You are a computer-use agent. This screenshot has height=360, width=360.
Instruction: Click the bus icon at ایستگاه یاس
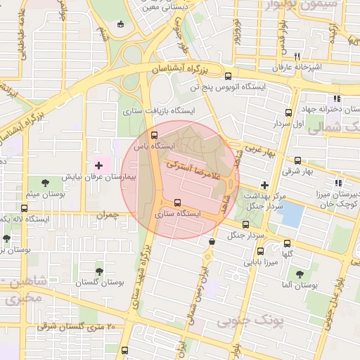click(x=155, y=134)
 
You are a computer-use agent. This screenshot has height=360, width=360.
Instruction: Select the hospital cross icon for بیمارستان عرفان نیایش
click(x=98, y=166)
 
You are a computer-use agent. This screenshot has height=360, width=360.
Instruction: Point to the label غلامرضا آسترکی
click(x=194, y=169)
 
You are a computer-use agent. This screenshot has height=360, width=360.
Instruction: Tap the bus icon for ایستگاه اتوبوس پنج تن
click(x=227, y=77)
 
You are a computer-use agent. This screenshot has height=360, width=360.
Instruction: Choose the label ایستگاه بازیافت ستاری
click(x=158, y=110)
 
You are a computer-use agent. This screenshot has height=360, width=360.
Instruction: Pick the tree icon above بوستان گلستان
click(x=98, y=269)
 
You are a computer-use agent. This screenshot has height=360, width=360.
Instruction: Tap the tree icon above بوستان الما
click(x=300, y=274)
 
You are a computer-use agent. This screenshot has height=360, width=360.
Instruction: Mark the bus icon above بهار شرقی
click(x=297, y=160)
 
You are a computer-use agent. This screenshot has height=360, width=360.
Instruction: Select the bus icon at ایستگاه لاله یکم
click(x=25, y=208)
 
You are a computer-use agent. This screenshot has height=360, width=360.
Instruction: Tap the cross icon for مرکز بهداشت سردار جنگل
click(x=264, y=184)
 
